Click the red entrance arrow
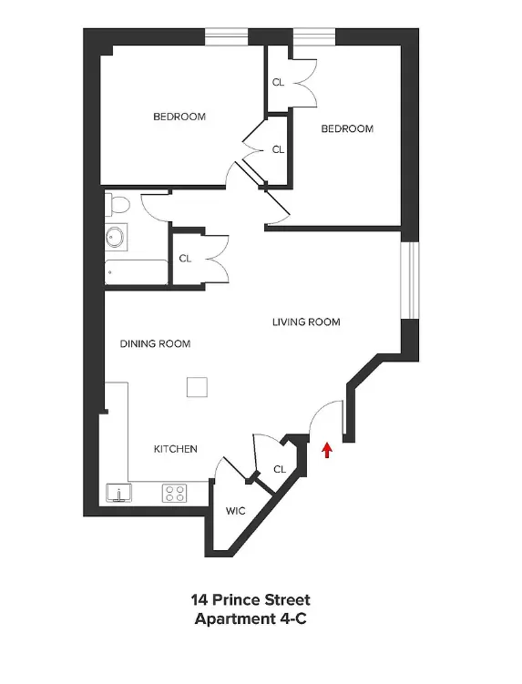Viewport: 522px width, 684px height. [x=326, y=451]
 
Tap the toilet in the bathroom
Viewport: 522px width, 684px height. [x=118, y=205]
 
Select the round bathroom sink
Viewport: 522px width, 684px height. [x=116, y=238]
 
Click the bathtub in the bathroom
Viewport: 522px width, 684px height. [x=136, y=272]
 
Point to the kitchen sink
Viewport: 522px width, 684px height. [x=118, y=493]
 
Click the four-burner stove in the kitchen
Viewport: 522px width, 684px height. [x=175, y=494]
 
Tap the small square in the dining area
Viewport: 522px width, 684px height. [x=197, y=387]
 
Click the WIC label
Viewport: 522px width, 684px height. [x=235, y=511]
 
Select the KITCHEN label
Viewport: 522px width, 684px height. [x=176, y=449]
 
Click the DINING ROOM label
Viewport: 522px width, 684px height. [x=156, y=343]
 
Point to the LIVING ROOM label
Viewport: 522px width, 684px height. [x=306, y=322]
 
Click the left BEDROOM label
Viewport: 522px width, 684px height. [x=179, y=117]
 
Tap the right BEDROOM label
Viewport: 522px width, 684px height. [x=347, y=128]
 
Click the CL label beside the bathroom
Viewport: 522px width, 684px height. [x=185, y=259]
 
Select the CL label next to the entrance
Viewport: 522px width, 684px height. [x=280, y=469]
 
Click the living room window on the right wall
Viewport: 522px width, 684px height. [x=410, y=280]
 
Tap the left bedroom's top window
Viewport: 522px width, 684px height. [x=226, y=36]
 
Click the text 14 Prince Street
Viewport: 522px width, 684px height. [x=251, y=600]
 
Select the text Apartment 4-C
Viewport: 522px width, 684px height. [x=251, y=619]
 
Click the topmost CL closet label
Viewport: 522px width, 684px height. [x=278, y=82]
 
